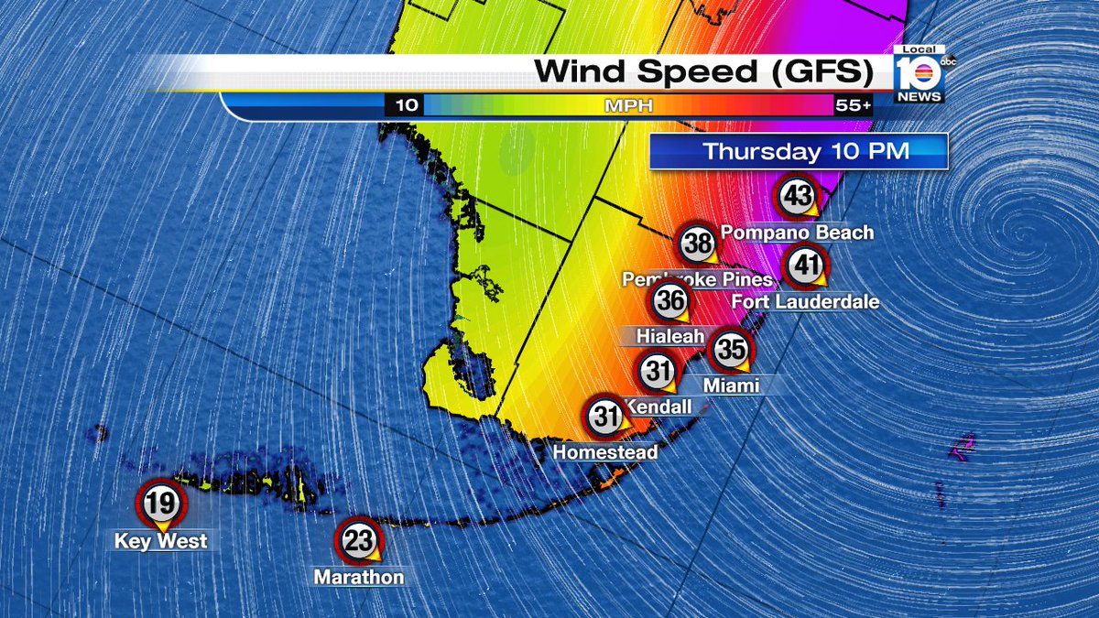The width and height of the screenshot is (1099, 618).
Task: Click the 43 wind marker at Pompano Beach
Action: click(x=797, y=196)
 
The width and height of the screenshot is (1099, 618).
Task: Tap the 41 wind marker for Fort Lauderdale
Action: click(x=807, y=266)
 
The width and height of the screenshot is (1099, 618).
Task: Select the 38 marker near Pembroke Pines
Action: click(x=699, y=244)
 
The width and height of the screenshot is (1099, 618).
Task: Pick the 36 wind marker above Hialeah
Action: click(x=670, y=301)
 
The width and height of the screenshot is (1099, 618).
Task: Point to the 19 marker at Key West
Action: click(x=160, y=502)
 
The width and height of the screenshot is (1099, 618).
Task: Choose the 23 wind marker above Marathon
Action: click(x=358, y=541)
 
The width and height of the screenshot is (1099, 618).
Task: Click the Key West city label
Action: click(x=161, y=541)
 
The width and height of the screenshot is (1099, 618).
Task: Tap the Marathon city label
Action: click(x=358, y=578)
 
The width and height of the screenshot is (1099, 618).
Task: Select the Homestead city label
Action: click(x=604, y=452)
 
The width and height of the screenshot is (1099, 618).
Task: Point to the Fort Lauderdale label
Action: click(x=805, y=301)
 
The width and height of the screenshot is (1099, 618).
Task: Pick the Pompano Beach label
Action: click(x=797, y=233)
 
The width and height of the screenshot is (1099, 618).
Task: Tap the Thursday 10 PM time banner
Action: click(x=798, y=152)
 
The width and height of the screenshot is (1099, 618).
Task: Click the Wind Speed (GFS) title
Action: click(x=701, y=72)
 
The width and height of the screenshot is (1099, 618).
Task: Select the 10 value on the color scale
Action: click(x=406, y=106)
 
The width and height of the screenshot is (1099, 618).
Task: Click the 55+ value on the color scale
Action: click(x=853, y=106)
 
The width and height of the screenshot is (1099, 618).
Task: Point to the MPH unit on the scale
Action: click(x=628, y=106)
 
